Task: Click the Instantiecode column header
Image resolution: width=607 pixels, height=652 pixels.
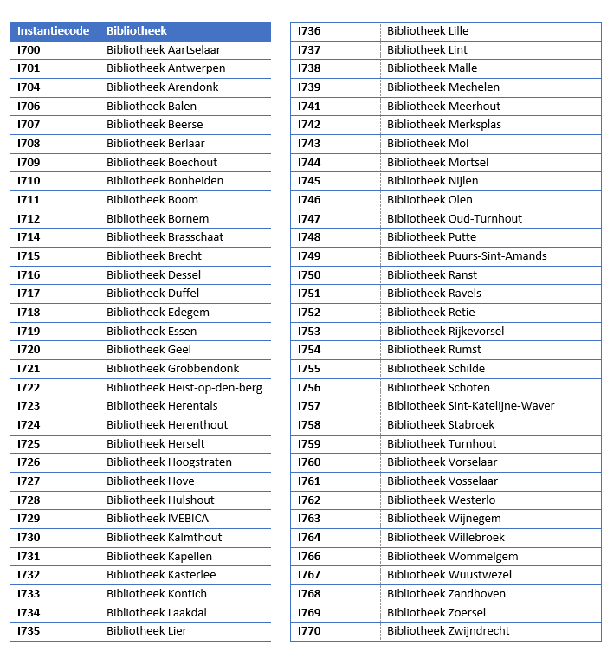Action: click(x=53, y=31)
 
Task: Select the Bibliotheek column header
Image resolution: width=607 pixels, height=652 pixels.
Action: click(x=137, y=31)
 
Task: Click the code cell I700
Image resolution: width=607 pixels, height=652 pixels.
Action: click(x=29, y=49)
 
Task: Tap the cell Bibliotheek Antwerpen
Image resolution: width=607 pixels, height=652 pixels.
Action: click(x=165, y=68)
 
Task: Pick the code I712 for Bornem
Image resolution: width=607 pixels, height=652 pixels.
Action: click(x=29, y=218)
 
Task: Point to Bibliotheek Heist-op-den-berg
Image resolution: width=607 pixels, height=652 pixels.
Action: click(x=184, y=387)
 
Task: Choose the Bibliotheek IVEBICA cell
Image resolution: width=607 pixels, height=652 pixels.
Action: click(x=158, y=519)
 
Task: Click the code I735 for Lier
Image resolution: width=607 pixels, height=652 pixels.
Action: click(x=29, y=631)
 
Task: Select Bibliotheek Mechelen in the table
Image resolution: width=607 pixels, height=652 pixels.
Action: click(x=442, y=87)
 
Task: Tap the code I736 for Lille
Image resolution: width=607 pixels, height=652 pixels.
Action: click(x=309, y=31)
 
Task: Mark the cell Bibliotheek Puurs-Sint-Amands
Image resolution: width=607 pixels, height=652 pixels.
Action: click(x=467, y=255)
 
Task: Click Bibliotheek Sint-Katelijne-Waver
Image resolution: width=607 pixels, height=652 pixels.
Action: click(x=470, y=406)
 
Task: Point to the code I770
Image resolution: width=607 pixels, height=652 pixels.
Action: click(x=309, y=631)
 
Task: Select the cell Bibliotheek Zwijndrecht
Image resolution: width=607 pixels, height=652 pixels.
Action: click(x=448, y=631)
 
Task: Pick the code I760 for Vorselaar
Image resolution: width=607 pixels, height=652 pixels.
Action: click(x=309, y=462)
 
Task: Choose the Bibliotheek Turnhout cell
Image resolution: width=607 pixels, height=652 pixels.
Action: click(x=442, y=443)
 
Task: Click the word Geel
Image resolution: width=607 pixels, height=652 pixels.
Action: click(x=179, y=350)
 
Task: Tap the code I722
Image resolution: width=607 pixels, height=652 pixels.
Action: click(x=29, y=387)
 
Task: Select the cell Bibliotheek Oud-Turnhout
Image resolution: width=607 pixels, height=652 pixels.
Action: click(x=455, y=218)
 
